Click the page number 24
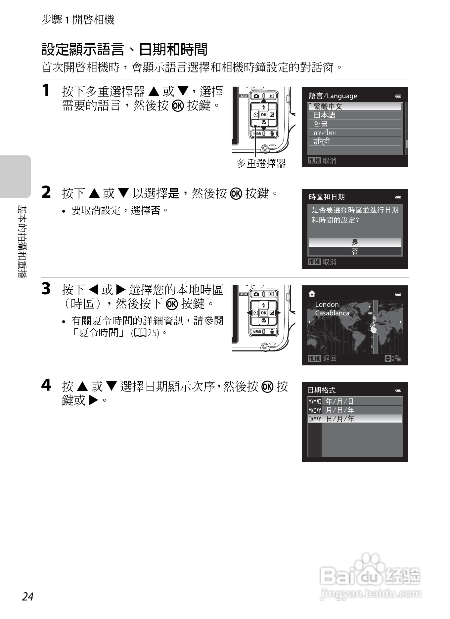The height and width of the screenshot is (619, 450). pyautogui.click(x=28, y=596)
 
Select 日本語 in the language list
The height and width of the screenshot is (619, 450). pyautogui.click(x=324, y=115)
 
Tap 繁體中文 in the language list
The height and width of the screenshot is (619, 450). pyautogui.click(x=328, y=106)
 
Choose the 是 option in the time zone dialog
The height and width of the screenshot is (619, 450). pyautogui.click(x=355, y=242)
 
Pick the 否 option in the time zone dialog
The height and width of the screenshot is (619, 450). pyautogui.click(x=355, y=251)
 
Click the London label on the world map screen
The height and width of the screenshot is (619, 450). pyautogui.click(x=327, y=305)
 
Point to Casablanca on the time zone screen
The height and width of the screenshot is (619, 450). pyautogui.click(x=332, y=313)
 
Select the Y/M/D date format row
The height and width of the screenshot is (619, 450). pyautogui.click(x=355, y=401)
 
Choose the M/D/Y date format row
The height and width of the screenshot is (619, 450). pyautogui.click(x=355, y=410)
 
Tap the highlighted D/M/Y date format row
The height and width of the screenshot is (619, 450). pyautogui.click(x=355, y=419)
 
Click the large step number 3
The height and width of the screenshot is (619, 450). pyautogui.click(x=46, y=289)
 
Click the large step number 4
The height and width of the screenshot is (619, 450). pyautogui.click(x=46, y=385)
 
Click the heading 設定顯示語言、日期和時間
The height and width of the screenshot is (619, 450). pyautogui.click(x=124, y=50)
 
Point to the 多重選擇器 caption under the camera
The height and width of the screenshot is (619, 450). pyautogui.click(x=261, y=163)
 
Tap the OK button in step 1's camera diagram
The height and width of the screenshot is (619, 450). pyautogui.click(x=264, y=115)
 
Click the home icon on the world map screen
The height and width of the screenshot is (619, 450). pyautogui.click(x=312, y=294)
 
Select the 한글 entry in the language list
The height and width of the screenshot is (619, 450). pyautogui.click(x=320, y=124)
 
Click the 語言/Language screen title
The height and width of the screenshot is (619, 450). pyautogui.click(x=333, y=96)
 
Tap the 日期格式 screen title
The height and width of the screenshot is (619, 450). pyautogui.click(x=322, y=390)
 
